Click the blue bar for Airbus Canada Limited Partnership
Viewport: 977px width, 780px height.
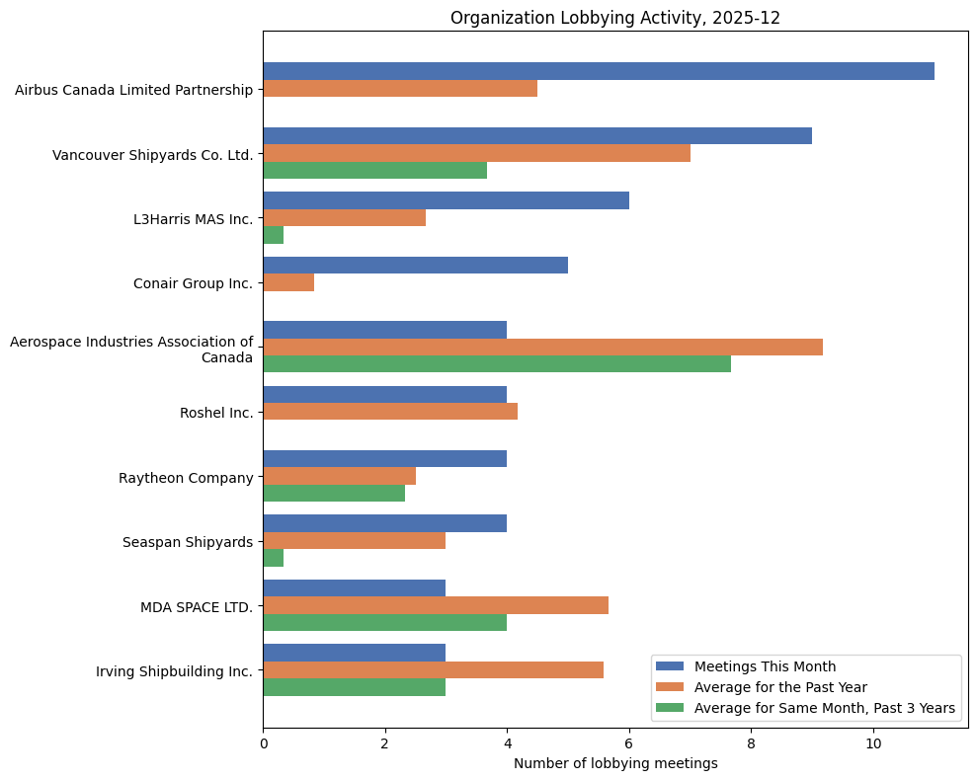(598, 71)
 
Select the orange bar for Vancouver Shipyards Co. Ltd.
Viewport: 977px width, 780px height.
(476, 153)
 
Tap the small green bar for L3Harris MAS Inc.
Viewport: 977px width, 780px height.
(274, 235)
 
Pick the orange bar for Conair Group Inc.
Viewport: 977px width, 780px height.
(288, 282)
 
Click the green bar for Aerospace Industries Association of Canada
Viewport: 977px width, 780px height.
(497, 363)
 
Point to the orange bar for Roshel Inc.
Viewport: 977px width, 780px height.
(390, 412)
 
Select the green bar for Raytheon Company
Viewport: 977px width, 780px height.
(334, 493)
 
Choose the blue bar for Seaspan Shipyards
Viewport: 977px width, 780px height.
(384, 523)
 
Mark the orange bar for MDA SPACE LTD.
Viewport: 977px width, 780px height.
(436, 605)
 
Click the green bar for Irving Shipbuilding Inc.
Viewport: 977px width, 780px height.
(354, 687)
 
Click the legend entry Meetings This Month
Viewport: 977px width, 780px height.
(765, 666)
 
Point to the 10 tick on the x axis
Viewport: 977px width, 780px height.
(873, 731)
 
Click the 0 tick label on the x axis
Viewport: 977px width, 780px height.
(264, 743)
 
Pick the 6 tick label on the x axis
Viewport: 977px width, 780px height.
(629, 743)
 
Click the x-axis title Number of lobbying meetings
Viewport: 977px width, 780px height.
(615, 763)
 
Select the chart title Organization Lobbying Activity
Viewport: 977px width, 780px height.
(615, 18)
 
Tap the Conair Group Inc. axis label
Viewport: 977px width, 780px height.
(193, 283)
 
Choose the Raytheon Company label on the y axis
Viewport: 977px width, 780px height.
(186, 477)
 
